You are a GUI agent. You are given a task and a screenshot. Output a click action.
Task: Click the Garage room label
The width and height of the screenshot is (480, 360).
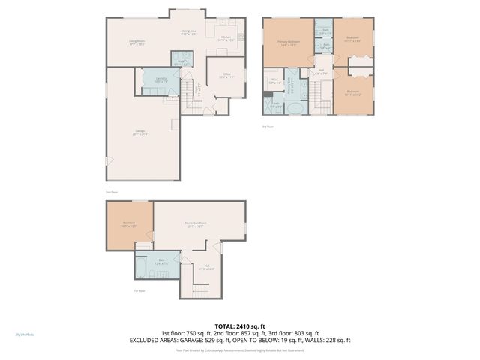[140, 133]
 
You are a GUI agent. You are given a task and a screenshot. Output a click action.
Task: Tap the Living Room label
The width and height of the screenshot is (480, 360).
[136, 43]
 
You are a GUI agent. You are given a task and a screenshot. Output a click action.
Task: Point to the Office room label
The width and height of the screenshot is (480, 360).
[226, 76]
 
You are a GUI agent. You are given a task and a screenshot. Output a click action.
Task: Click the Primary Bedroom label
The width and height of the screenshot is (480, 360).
[289, 43]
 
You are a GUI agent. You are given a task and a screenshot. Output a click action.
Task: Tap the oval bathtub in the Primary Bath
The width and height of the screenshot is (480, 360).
[297, 109]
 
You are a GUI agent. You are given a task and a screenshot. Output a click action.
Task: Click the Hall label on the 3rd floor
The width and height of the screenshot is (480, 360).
[322, 72]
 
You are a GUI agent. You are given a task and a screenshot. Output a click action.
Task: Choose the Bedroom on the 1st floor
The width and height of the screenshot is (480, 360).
[129, 225]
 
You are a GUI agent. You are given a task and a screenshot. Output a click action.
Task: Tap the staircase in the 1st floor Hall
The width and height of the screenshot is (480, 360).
[203, 289]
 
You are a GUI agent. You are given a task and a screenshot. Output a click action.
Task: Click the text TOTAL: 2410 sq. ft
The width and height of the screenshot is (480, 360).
[239, 326]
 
